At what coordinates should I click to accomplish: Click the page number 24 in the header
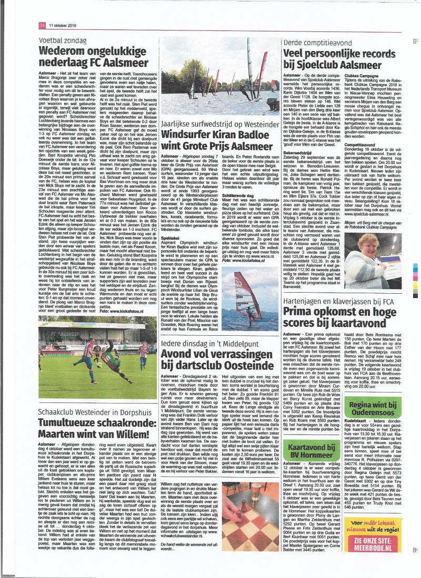42,25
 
